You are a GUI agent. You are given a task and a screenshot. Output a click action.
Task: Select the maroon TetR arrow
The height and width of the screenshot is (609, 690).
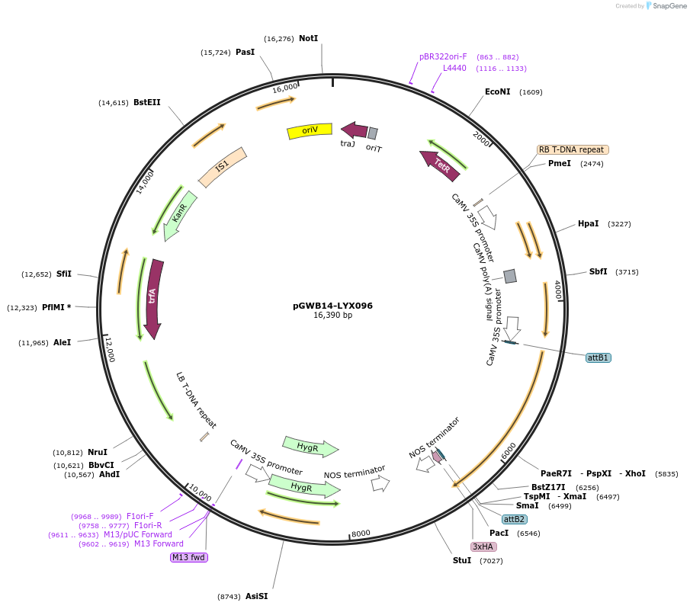coord(440,165)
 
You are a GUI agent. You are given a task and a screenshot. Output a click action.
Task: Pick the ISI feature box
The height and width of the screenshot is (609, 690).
coord(222,167)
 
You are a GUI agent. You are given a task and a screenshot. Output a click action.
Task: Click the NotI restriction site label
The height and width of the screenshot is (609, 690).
coord(308,38)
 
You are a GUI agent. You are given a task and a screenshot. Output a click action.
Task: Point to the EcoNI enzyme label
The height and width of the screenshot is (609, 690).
coord(497,91)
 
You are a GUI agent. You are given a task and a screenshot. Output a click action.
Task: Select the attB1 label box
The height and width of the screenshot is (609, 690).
coord(599,357)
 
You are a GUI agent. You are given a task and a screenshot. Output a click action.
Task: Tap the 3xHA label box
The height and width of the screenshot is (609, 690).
coord(483,546)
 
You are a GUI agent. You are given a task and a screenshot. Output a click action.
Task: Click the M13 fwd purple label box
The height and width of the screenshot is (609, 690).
coord(189,557)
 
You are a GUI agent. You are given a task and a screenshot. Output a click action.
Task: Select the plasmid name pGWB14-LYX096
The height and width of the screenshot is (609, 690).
coord(332,306)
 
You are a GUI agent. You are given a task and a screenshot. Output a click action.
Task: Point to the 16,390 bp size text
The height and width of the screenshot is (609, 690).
coord(332,316)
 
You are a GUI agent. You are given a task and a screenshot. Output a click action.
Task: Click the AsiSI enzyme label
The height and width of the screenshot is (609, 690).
coord(256,596)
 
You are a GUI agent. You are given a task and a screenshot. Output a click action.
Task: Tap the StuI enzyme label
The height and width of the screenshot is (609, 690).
coord(462,560)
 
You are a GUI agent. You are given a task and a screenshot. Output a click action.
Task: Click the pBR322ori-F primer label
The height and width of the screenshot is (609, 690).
coord(443,56)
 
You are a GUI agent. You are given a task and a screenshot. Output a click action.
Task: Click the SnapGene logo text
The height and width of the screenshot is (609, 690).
coord(666,5)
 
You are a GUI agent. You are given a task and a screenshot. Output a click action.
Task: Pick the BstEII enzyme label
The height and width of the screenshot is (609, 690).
coord(146,102)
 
